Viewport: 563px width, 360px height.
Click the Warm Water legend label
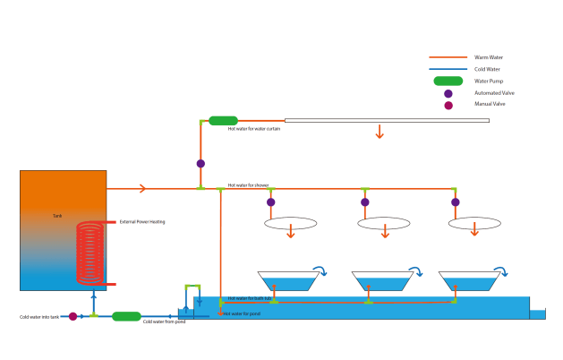pos(488,57)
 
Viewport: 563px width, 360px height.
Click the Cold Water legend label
pos(487,69)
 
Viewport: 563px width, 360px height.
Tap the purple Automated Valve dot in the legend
pos(448,93)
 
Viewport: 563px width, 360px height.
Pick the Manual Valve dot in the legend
pos(448,105)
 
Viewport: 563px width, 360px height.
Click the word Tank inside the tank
pos(57,216)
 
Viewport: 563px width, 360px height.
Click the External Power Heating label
pos(142,222)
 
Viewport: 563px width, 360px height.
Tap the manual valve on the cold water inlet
pos(73,316)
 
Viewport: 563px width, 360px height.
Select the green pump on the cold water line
pos(126,316)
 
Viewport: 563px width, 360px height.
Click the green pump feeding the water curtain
pos(222,120)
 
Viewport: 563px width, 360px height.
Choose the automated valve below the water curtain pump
pos(200,164)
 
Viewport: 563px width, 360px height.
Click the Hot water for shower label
pos(248,185)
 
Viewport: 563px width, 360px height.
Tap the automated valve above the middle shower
pos(364,202)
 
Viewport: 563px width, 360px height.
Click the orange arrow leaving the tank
pos(138,188)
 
